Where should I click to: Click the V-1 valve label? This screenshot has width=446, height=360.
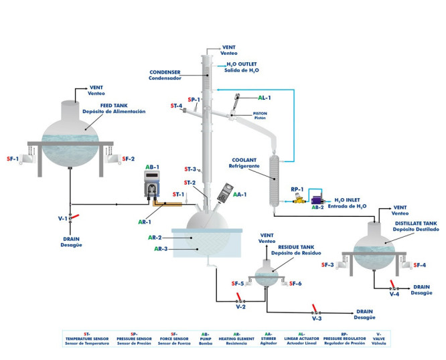click(x=62, y=218)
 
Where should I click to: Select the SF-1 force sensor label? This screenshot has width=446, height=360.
click(x=12, y=159)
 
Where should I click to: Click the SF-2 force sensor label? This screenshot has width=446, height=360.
click(x=129, y=159)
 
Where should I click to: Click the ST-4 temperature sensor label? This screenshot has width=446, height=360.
click(x=176, y=106)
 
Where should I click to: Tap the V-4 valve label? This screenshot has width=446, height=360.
click(x=396, y=293)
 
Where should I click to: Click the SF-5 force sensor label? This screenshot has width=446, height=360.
click(x=237, y=284)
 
